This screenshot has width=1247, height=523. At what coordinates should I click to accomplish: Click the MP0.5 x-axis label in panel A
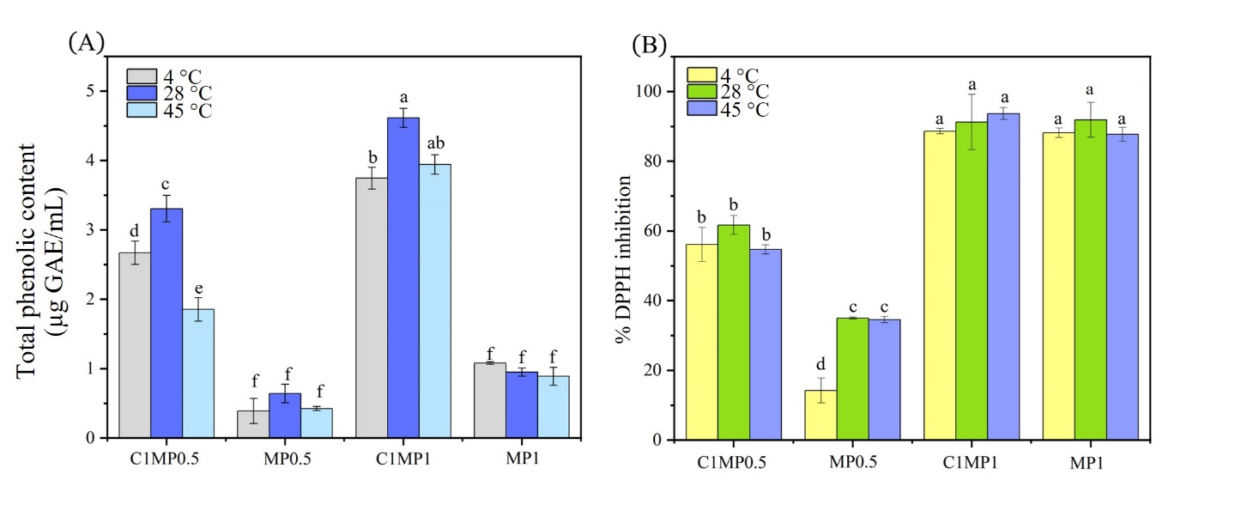point(288,460)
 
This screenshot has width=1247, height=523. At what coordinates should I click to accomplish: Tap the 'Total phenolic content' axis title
point(39,258)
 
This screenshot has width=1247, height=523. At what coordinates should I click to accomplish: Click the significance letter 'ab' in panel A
point(434,143)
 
